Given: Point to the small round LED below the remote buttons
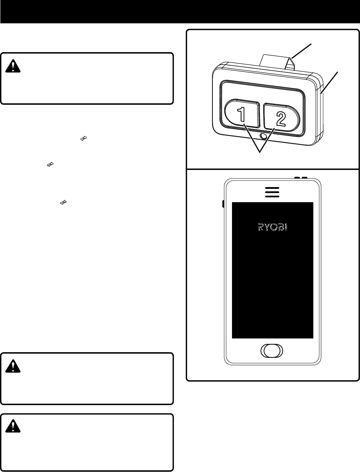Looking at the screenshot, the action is tap(264, 136).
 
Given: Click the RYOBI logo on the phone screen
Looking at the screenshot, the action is tap(272, 227).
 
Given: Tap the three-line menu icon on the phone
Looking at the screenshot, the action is tap(272, 192).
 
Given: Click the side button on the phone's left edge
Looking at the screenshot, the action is tap(223, 204).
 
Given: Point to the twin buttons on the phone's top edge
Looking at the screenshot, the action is tap(300, 178).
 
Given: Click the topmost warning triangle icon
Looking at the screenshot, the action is tap(13, 66).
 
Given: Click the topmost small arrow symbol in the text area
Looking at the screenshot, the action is tap(83, 138).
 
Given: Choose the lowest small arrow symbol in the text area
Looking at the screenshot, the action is tap(63, 203).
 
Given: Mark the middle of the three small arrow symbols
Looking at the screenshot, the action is tap(50, 165).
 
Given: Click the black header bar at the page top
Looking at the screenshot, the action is tap(180, 12).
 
